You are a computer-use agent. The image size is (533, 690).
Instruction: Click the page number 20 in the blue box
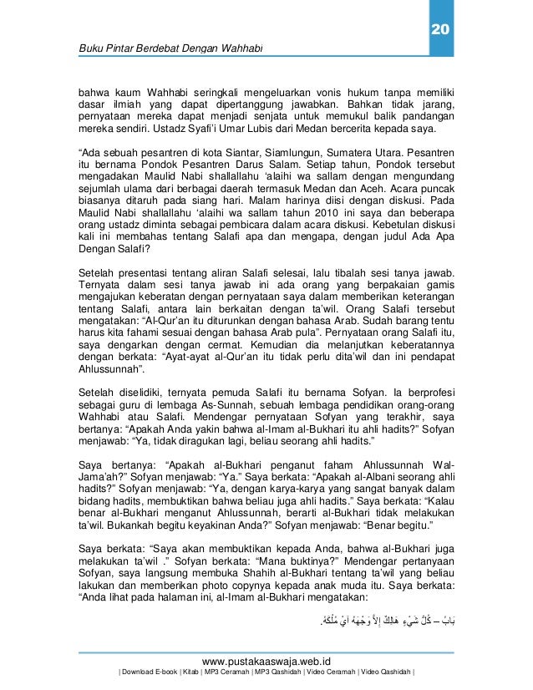pyautogui.click(x=439, y=31)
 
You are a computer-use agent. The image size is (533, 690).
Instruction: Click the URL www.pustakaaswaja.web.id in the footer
pyautogui.click(x=266, y=659)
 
